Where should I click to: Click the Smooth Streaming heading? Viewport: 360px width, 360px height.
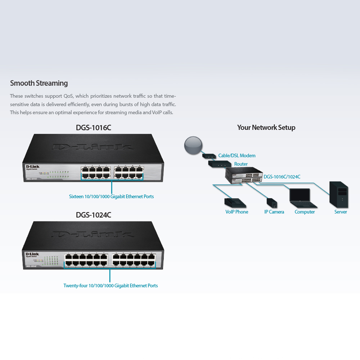click(x=39, y=83)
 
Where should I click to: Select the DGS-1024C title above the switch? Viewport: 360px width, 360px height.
click(x=93, y=215)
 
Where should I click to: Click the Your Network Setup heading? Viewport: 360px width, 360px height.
click(x=266, y=127)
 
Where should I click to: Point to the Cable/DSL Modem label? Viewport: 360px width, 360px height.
click(x=237, y=156)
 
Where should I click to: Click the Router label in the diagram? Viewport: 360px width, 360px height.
click(x=241, y=164)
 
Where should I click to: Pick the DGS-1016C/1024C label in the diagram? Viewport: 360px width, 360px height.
click(x=282, y=177)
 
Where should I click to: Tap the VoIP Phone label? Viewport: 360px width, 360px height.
click(x=237, y=212)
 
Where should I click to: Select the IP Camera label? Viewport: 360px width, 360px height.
click(x=274, y=212)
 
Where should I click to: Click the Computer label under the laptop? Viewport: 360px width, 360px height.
click(x=305, y=212)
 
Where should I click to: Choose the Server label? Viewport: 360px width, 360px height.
click(x=340, y=212)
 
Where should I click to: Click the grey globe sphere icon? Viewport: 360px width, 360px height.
click(x=193, y=145)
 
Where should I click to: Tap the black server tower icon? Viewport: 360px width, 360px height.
click(x=339, y=194)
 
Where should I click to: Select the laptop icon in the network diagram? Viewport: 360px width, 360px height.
click(x=302, y=198)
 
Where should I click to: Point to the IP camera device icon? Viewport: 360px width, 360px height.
click(x=272, y=203)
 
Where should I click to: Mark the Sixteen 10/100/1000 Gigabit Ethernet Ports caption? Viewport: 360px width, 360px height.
click(x=111, y=197)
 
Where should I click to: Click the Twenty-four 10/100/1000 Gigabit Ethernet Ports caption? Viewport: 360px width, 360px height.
click(x=111, y=285)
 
